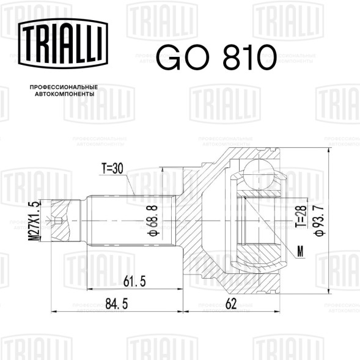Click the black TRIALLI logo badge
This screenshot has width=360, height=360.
click(x=63, y=43)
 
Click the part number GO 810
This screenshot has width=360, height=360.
click(x=216, y=57)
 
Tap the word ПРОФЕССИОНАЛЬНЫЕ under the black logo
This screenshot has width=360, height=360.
click(x=64, y=87)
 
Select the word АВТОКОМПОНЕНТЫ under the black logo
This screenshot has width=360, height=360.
click(x=65, y=94)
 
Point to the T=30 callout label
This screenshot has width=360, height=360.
click(x=112, y=168)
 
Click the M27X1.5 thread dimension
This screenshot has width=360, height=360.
click(x=34, y=221)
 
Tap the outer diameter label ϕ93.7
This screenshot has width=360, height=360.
click(x=320, y=221)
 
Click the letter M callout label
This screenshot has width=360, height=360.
click(x=300, y=252)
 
